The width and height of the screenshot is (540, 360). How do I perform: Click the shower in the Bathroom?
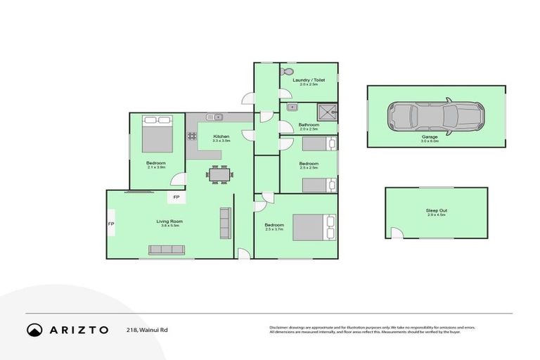click(x=327, y=112)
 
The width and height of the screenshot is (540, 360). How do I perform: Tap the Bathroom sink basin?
click(x=291, y=108)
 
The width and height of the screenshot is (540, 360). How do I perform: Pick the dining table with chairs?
click(x=219, y=174)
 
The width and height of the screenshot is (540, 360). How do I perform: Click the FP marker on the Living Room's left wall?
click(x=111, y=225)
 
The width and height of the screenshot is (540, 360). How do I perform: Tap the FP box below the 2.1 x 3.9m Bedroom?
click(x=176, y=198)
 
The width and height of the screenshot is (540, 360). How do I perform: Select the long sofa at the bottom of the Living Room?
click(x=166, y=250)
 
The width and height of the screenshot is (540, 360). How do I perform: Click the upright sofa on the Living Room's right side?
click(x=225, y=223)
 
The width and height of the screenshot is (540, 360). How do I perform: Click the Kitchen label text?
click(x=221, y=136)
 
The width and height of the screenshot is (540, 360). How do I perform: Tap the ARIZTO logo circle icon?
click(x=34, y=330)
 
